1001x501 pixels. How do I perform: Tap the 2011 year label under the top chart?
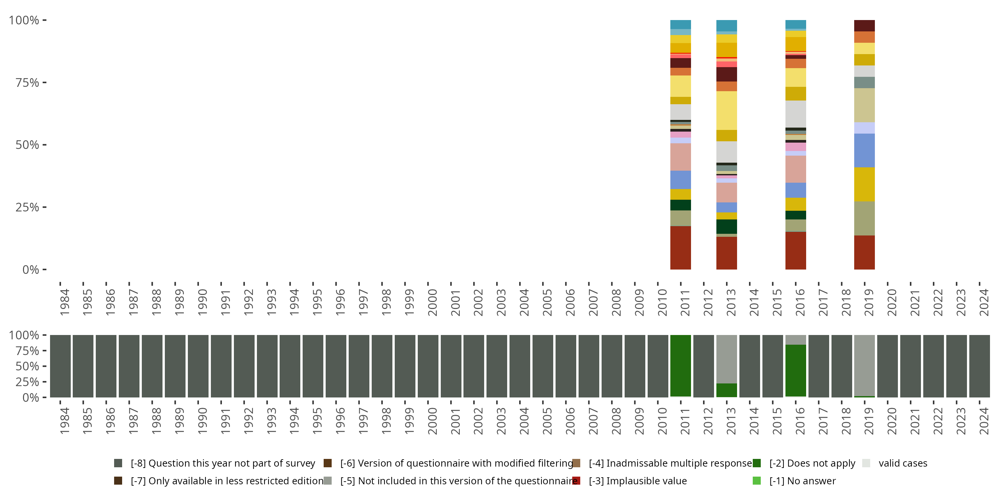tap(685, 303)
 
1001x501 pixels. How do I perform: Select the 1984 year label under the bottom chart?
tap(64, 421)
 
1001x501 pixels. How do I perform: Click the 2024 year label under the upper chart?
tap(984, 303)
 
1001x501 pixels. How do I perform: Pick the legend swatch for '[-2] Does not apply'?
tap(756, 463)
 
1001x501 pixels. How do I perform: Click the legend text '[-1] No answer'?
tap(802, 481)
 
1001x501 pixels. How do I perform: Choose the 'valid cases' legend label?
tap(903, 463)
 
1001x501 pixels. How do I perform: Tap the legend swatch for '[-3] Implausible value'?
tap(576, 481)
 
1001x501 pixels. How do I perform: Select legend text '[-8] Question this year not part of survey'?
tap(223, 463)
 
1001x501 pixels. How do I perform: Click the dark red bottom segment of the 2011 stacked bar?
tap(680, 248)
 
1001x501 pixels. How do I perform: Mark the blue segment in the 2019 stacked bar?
tap(864, 150)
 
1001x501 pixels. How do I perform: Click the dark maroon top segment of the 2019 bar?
tap(864, 26)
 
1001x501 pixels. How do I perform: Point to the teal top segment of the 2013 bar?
tap(726, 25)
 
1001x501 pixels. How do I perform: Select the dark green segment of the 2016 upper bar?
tap(795, 215)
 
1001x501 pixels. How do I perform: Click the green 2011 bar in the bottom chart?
tap(680, 366)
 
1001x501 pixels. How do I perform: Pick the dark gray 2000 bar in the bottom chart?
tap(428, 366)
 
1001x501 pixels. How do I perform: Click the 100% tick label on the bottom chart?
tap(24, 335)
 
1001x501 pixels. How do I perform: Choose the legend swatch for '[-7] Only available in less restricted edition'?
tap(118, 481)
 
